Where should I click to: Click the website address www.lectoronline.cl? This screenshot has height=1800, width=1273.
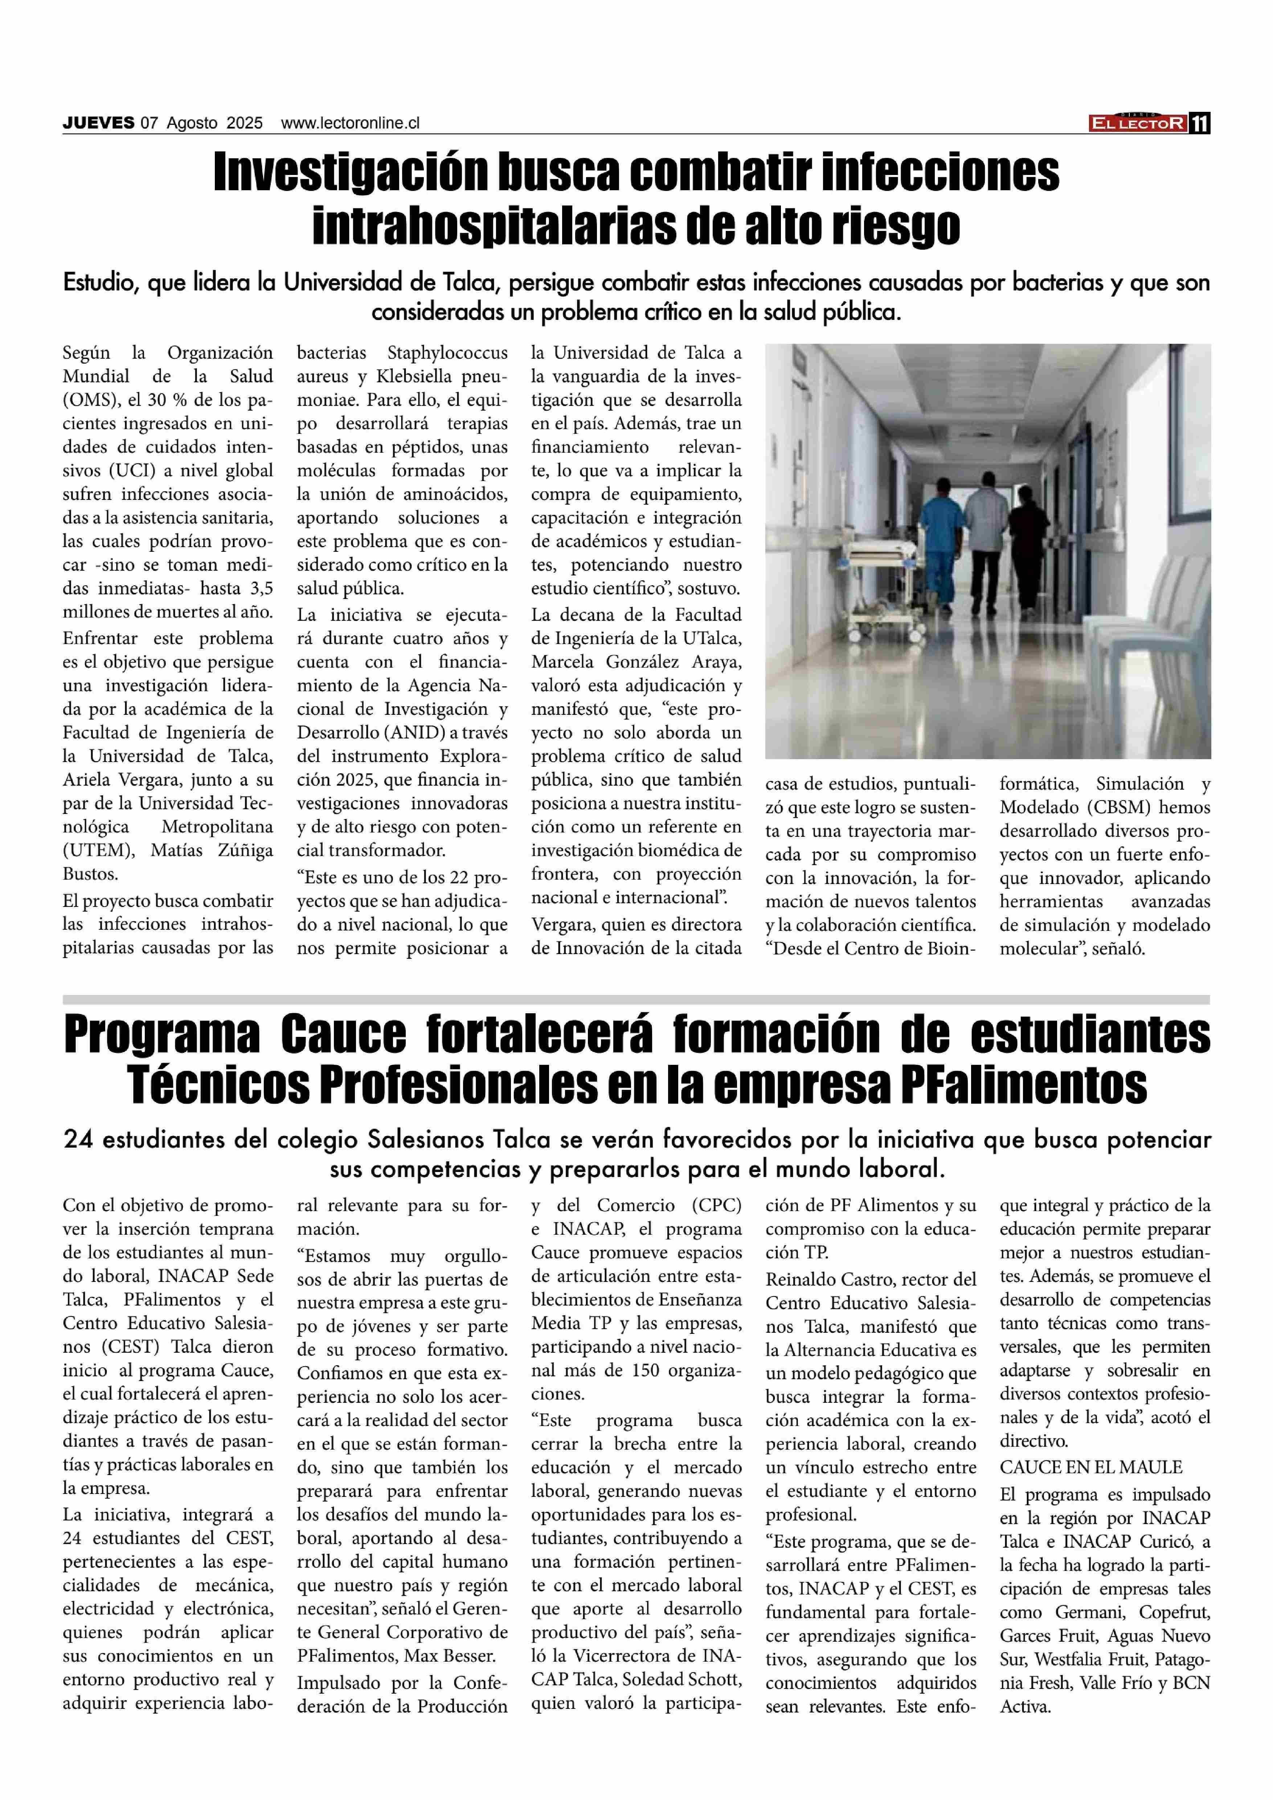(351, 123)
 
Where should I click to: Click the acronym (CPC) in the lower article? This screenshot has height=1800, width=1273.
(716, 1205)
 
